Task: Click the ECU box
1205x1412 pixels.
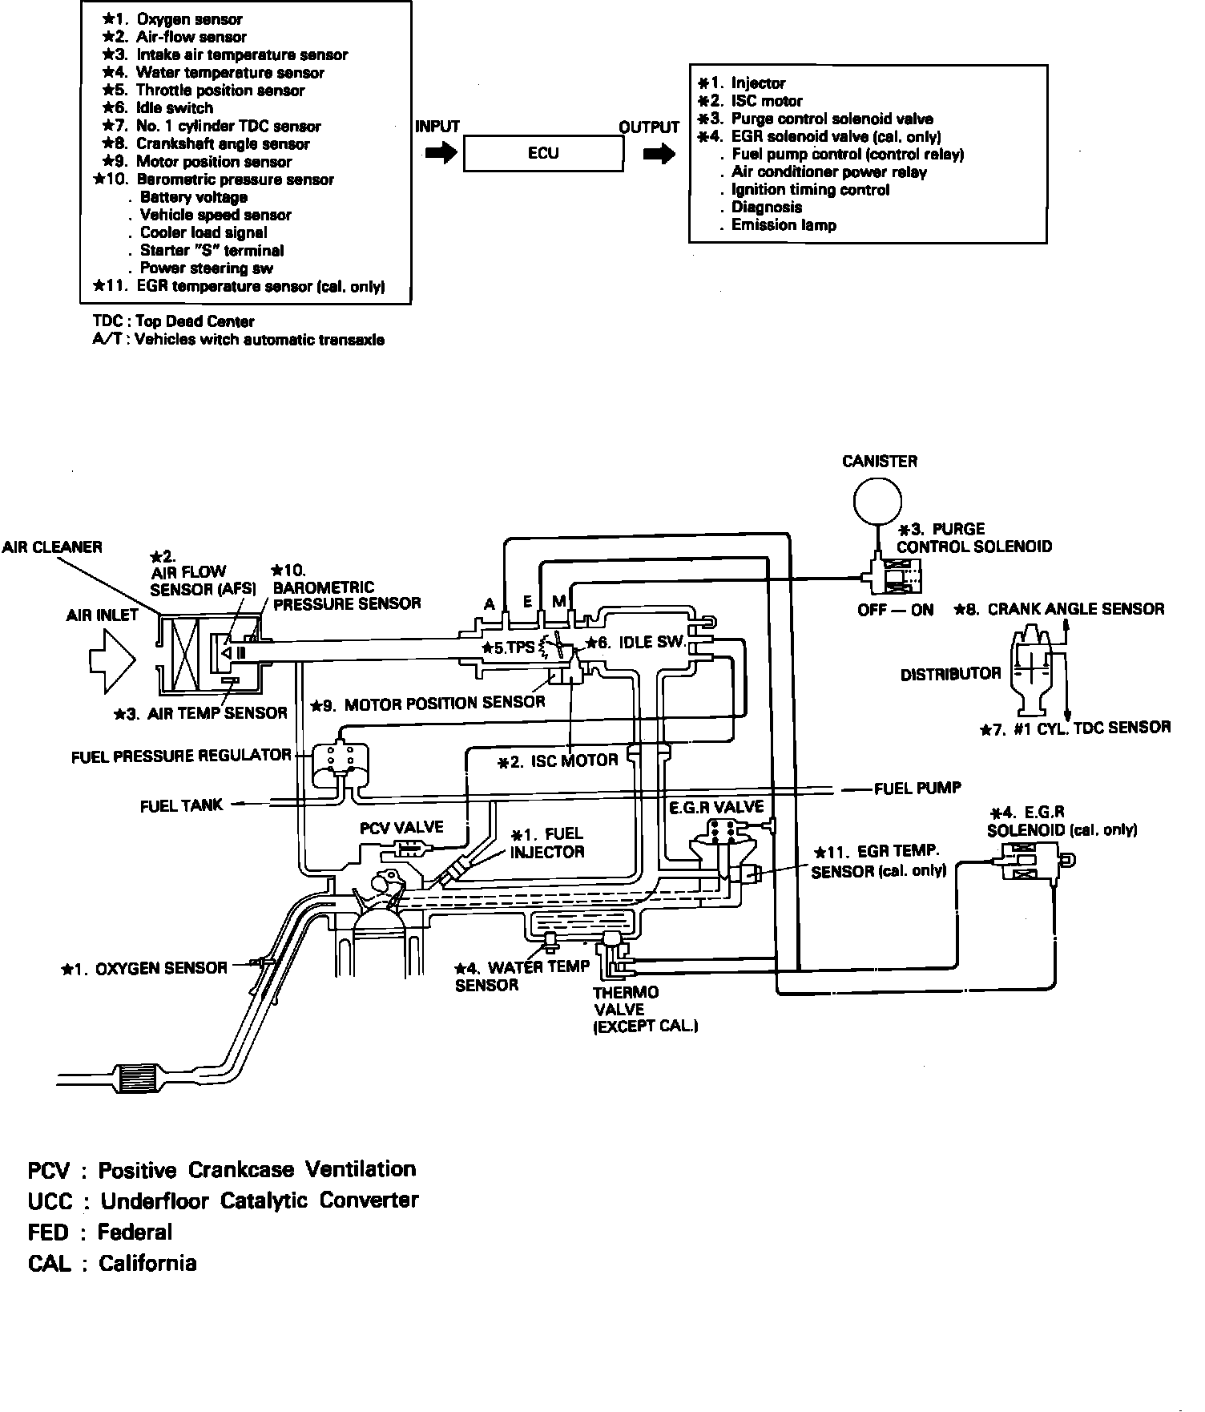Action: [x=543, y=153]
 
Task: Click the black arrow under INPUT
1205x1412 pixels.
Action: [x=440, y=153]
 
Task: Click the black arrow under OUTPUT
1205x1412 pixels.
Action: [x=659, y=154]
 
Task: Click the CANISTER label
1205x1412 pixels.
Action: [x=880, y=462]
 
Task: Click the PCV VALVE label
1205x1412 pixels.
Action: [x=401, y=828]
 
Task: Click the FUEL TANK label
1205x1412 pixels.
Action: [x=181, y=806]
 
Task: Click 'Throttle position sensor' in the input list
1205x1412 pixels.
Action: [x=220, y=91]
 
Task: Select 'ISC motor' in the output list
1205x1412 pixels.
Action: [x=766, y=101]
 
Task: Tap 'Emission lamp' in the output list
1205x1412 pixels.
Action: [x=783, y=225]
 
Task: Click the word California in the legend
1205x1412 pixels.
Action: [x=147, y=1264]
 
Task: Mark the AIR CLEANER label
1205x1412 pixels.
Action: [x=52, y=547]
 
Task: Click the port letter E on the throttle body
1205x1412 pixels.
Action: [x=527, y=602]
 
